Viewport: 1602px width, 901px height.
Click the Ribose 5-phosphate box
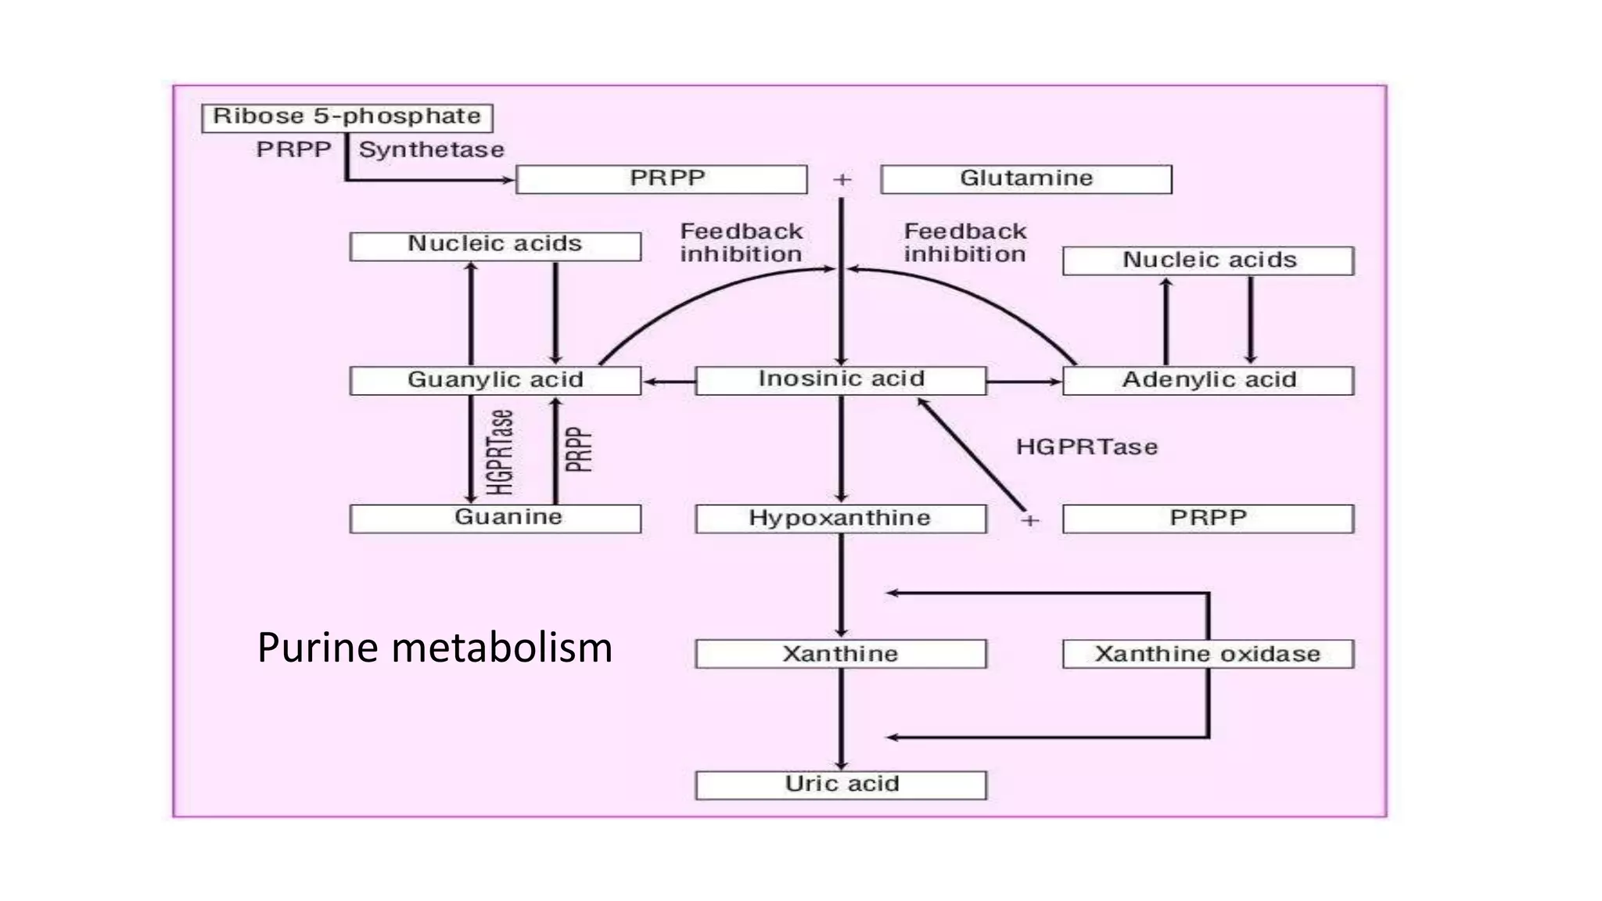[x=347, y=117]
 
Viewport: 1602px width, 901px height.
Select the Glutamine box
[x=1025, y=179]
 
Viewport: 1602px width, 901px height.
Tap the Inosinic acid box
[x=840, y=380]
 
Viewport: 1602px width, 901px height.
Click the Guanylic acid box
[x=495, y=380]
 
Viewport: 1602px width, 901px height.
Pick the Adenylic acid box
[x=1208, y=380]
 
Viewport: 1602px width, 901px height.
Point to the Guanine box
[x=495, y=518]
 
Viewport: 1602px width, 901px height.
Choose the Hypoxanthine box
[x=840, y=519]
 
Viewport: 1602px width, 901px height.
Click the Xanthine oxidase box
[x=1208, y=654]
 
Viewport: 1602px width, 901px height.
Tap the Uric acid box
[x=840, y=784]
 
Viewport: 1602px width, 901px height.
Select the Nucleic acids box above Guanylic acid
[x=495, y=246]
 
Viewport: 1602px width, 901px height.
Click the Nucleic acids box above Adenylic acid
[x=1208, y=260]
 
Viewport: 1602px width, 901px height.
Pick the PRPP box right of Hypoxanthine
[x=1208, y=519]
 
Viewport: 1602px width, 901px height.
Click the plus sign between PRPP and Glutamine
[x=842, y=180]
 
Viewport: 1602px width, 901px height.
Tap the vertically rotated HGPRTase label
[x=501, y=452]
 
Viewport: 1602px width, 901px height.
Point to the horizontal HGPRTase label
[x=1087, y=447]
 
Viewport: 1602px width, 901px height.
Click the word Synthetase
[x=431, y=149]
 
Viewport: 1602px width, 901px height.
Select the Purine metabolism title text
[x=434, y=648]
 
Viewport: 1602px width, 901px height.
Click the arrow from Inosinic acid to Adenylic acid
[x=1024, y=382]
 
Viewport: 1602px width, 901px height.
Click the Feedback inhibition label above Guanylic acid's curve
[x=741, y=242]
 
